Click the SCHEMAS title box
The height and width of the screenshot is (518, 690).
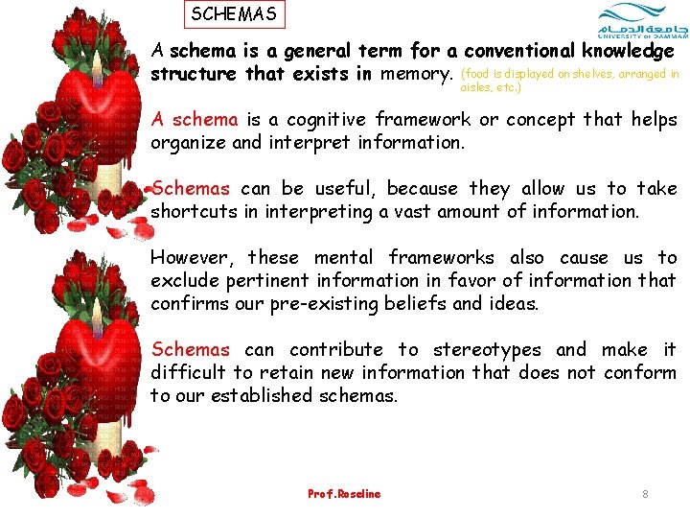234,14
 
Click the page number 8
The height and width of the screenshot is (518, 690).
645,494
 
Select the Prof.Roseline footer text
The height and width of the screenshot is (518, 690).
344,494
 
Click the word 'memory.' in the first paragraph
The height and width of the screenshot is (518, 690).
416,74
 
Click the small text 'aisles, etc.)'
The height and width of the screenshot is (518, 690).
491,86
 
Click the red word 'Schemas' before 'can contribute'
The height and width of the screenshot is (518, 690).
191,350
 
